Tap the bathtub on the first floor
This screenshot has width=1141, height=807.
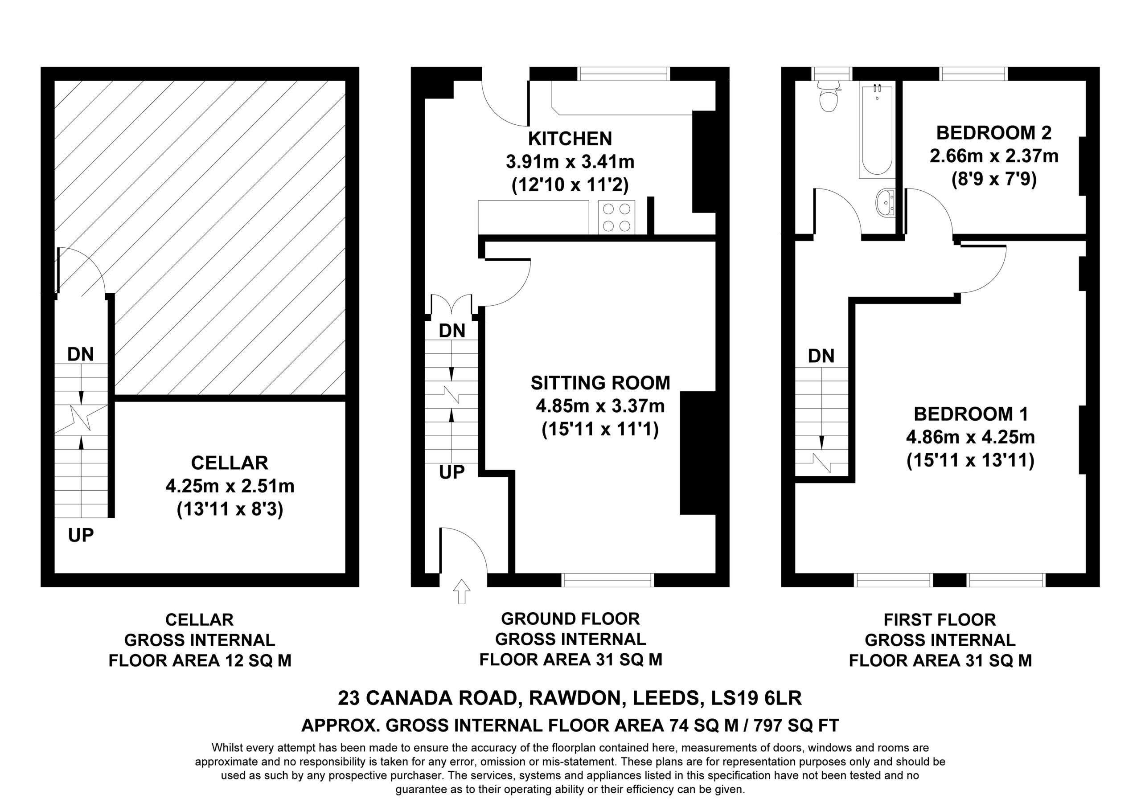877,132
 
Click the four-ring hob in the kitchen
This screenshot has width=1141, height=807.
617,217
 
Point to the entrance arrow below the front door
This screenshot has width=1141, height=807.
462,591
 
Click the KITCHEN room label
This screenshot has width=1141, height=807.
570,139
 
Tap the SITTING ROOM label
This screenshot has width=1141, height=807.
600,383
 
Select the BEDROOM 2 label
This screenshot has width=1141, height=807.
994,133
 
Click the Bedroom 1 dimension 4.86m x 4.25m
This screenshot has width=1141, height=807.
971,437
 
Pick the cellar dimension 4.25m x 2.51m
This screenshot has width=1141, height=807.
230,486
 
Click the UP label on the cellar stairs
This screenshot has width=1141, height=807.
81,535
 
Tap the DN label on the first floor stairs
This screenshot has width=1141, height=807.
821,356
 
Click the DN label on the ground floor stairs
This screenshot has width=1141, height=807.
452,331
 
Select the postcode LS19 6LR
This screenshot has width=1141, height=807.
756,698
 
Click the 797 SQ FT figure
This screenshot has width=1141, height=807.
796,725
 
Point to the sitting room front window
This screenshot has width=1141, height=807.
608,580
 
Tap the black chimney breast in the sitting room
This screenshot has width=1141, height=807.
698,453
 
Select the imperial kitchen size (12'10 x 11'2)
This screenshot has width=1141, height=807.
570,185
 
